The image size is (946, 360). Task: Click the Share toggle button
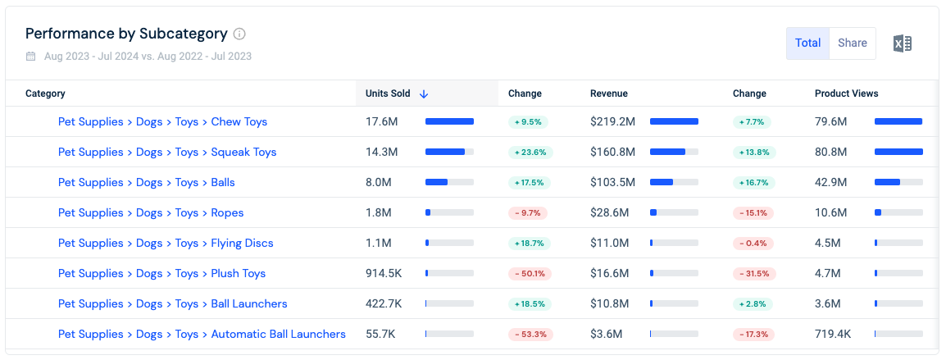853,43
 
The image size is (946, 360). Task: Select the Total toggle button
807,43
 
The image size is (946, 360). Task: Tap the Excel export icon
903,43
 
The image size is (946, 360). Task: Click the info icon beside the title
239,34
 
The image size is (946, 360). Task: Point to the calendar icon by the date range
31,57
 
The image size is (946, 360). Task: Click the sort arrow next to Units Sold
424,93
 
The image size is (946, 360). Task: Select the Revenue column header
609,93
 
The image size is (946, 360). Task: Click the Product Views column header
847,93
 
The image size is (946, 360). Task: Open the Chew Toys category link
162,121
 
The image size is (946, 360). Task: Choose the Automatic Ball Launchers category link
202,334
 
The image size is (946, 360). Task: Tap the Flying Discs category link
166,243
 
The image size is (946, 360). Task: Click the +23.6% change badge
530,153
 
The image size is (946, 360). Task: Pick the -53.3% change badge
530,334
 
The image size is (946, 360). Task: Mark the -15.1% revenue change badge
753,212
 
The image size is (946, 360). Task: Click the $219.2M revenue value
612,121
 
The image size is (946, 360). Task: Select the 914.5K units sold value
384,273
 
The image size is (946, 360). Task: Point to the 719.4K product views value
833,334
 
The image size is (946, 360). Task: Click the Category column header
45,93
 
